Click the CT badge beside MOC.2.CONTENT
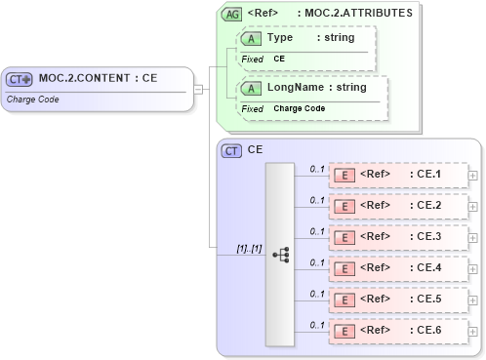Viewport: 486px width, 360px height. (x=20, y=79)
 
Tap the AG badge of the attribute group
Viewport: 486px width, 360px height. (x=232, y=14)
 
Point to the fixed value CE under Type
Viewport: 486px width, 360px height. (x=279, y=59)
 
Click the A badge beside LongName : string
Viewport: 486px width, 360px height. (x=250, y=88)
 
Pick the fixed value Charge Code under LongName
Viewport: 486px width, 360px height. (x=299, y=108)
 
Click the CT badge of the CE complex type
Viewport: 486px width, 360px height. (x=232, y=150)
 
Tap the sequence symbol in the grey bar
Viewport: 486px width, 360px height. (x=282, y=254)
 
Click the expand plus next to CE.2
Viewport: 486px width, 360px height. (x=473, y=206)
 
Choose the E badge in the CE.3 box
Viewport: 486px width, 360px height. (x=344, y=237)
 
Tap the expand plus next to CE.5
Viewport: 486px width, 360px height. (x=473, y=300)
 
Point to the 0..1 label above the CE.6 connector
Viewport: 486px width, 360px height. (x=316, y=324)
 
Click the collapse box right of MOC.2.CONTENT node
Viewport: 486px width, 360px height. (x=198, y=90)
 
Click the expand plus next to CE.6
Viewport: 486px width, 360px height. (x=473, y=331)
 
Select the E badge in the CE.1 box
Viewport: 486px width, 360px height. (x=344, y=175)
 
